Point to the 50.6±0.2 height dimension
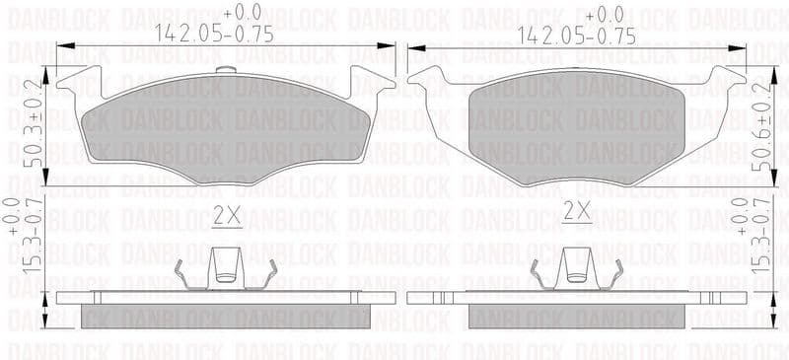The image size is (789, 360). click(x=762, y=126)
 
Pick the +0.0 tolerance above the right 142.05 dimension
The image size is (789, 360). click(x=604, y=14)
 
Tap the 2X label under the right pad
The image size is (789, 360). click(x=576, y=211)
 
